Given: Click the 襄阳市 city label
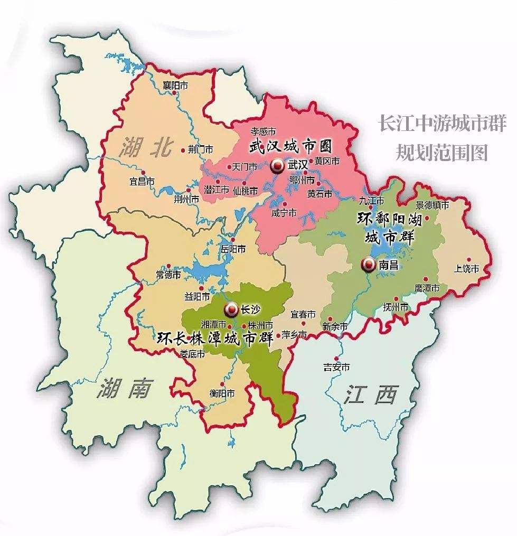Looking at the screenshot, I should pyautogui.click(x=175, y=86).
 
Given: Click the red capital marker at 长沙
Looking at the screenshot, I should pyautogui.click(x=231, y=309).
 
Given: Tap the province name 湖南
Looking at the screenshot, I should pyautogui.click(x=124, y=390).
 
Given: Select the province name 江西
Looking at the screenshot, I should pyautogui.click(x=372, y=394).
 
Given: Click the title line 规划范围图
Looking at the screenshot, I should pyautogui.click(x=441, y=153).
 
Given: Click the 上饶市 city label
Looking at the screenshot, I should pyautogui.click(x=466, y=269).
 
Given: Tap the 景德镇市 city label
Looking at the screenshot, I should pyautogui.click(x=432, y=205).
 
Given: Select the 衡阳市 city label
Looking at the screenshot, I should pyautogui.click(x=222, y=393).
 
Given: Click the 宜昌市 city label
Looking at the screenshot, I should pyautogui.click(x=142, y=182).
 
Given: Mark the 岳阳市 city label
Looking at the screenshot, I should pyautogui.click(x=233, y=248).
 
